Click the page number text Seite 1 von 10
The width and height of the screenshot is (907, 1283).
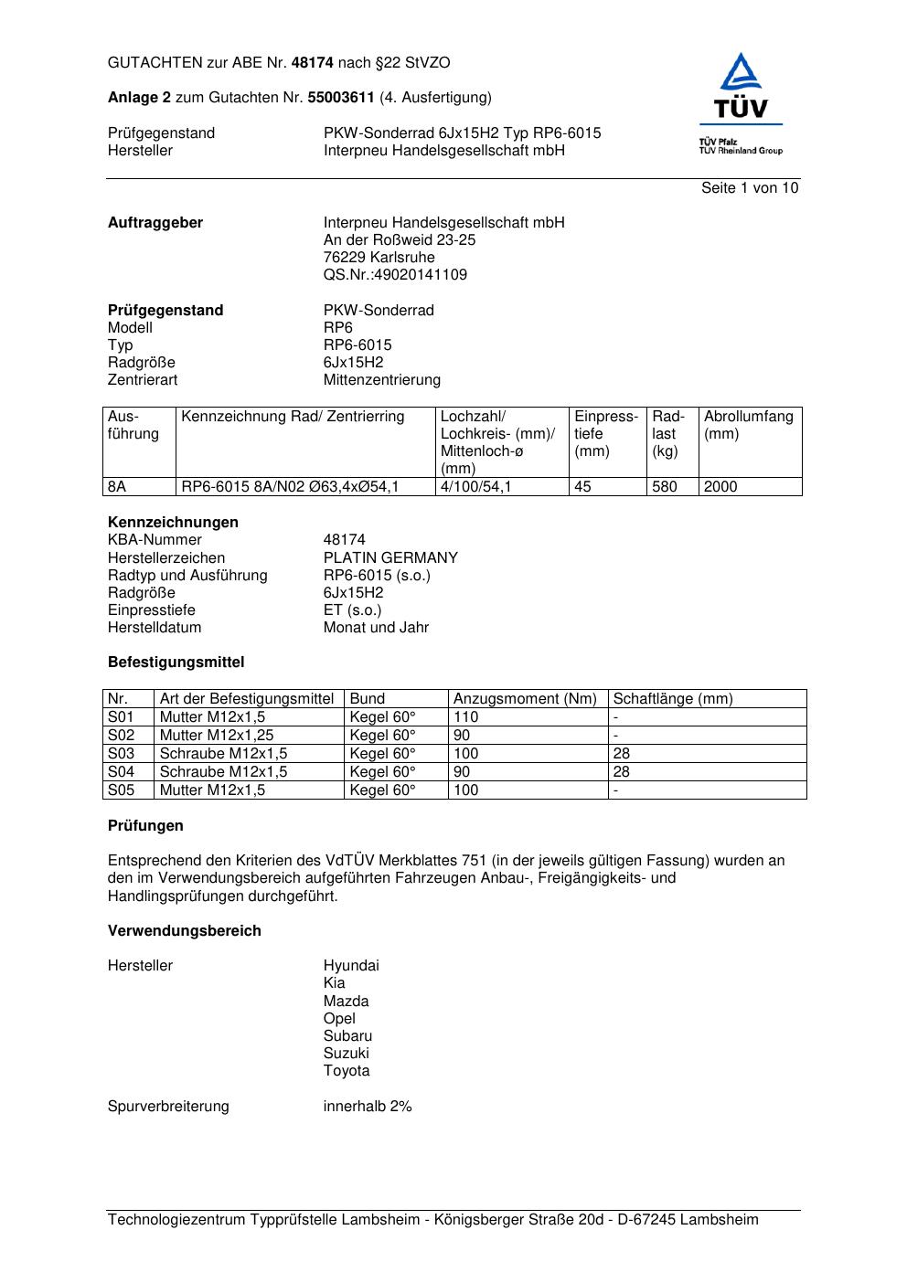pos(749,188)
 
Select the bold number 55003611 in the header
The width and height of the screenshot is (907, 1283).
pos(341,98)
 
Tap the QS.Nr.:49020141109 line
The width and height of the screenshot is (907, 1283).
pos(395,275)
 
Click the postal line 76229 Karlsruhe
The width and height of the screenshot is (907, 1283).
pos(379,258)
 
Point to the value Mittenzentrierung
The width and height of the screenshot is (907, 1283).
pos(381,380)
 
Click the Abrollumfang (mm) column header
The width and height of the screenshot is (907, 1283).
pos(748,425)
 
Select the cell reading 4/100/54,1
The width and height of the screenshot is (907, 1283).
pos(475,487)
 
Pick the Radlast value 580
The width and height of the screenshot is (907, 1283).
pos(665,487)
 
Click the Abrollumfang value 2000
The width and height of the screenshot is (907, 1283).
pos(720,487)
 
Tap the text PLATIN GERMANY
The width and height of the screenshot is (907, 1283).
pos(390,558)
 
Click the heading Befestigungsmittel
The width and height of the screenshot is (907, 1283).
pos(176,663)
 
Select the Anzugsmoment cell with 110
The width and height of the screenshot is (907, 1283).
pos(466,717)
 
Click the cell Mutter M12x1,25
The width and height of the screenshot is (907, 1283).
pos(217,736)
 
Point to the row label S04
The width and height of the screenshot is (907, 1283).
pos(121,772)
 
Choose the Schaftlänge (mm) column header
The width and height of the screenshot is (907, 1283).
pos(673,699)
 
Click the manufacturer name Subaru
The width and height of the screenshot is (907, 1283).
pos(347,1036)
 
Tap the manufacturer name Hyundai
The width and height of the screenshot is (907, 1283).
pos(351,966)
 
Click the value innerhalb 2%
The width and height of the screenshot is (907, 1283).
pos(368,1107)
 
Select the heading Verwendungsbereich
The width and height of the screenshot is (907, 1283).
pos(185,931)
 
